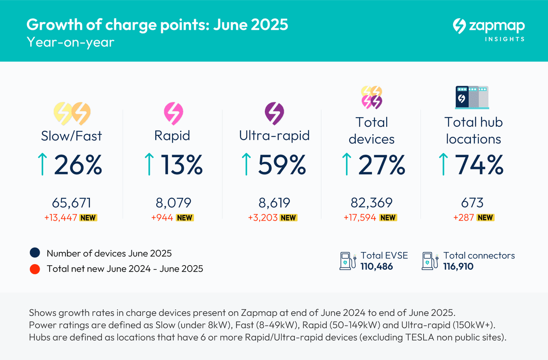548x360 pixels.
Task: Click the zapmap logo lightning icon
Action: click(460, 26)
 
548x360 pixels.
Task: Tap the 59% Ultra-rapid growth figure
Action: click(282, 165)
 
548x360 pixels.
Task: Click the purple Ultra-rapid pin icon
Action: click(275, 113)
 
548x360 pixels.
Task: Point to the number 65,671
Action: click(72, 203)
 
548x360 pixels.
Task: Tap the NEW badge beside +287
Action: click(486, 218)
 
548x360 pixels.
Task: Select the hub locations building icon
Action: click(472, 97)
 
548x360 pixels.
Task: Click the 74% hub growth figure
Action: click(479, 165)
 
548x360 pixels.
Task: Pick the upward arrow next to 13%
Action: click(149, 165)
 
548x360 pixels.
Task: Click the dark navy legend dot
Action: click(35, 254)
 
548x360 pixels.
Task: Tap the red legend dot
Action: click(35, 269)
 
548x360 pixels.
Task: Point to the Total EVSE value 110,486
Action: click(376, 266)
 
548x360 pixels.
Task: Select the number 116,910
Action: click(458, 266)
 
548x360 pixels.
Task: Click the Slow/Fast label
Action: click(72, 136)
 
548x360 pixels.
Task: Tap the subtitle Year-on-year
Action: click(71, 42)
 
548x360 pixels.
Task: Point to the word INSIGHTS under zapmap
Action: click(504, 39)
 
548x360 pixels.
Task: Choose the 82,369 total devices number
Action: click(371, 203)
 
